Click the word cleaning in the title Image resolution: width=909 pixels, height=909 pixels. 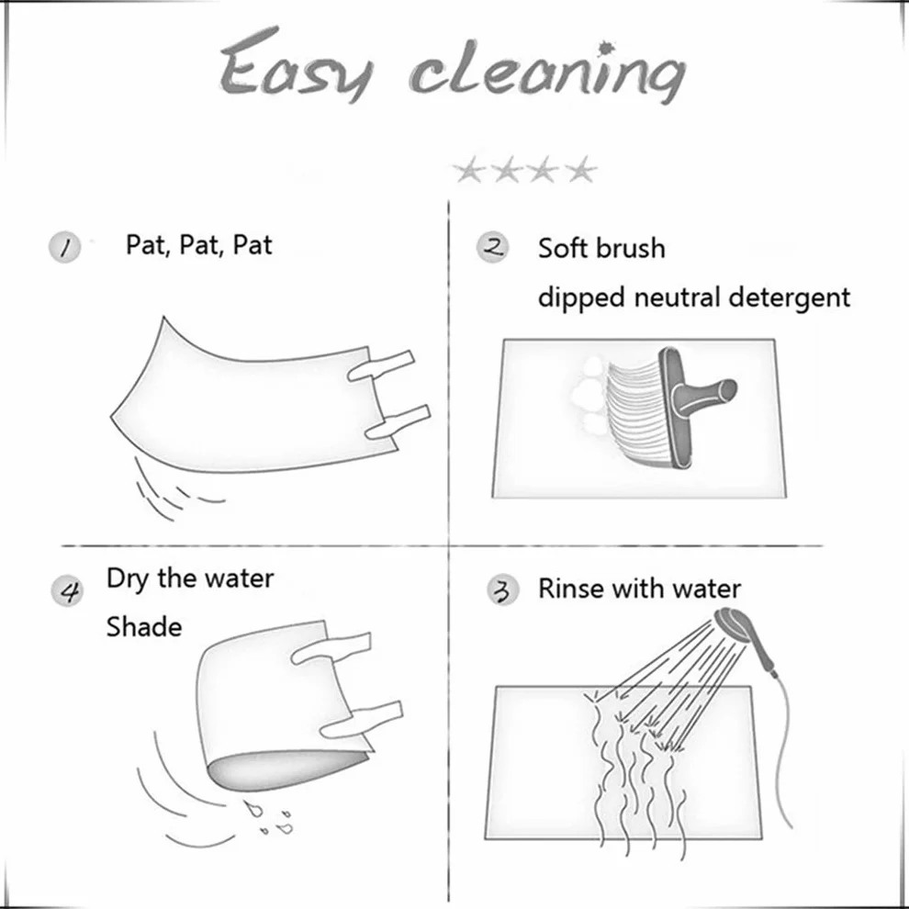[548, 73]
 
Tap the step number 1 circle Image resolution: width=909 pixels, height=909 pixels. [63, 248]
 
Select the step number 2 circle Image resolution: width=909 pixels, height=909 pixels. [493, 248]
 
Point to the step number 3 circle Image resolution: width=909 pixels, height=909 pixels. [502, 590]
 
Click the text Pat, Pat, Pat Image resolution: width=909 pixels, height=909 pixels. [199, 245]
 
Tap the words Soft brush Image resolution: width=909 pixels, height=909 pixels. [601, 248]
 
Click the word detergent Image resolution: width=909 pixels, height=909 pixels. [790, 297]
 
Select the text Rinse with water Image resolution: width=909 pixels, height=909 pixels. [639, 589]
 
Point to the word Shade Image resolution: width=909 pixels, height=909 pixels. [144, 627]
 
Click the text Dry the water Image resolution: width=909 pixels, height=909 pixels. [190, 579]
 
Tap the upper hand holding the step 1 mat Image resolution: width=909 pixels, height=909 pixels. [381, 365]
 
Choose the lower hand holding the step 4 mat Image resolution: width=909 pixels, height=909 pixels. [361, 720]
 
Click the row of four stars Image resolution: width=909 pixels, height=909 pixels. [524, 170]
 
